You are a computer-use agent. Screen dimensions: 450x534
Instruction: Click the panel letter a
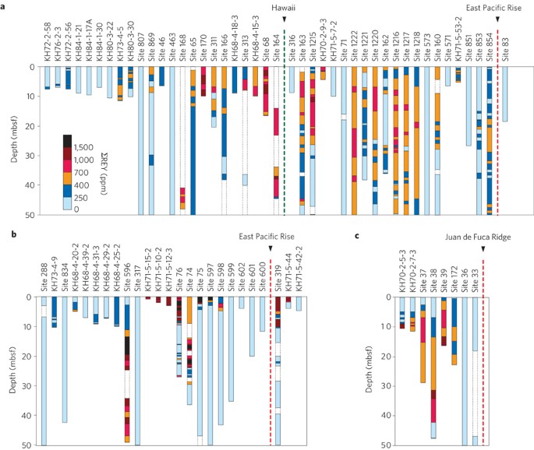(5, 6)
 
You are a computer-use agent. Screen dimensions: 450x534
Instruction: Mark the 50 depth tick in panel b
(24, 445)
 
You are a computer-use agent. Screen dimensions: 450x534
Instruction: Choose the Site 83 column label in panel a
(505, 47)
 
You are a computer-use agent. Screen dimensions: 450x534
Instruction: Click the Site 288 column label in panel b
(44, 275)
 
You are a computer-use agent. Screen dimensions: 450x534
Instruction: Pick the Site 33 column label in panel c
(475, 277)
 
